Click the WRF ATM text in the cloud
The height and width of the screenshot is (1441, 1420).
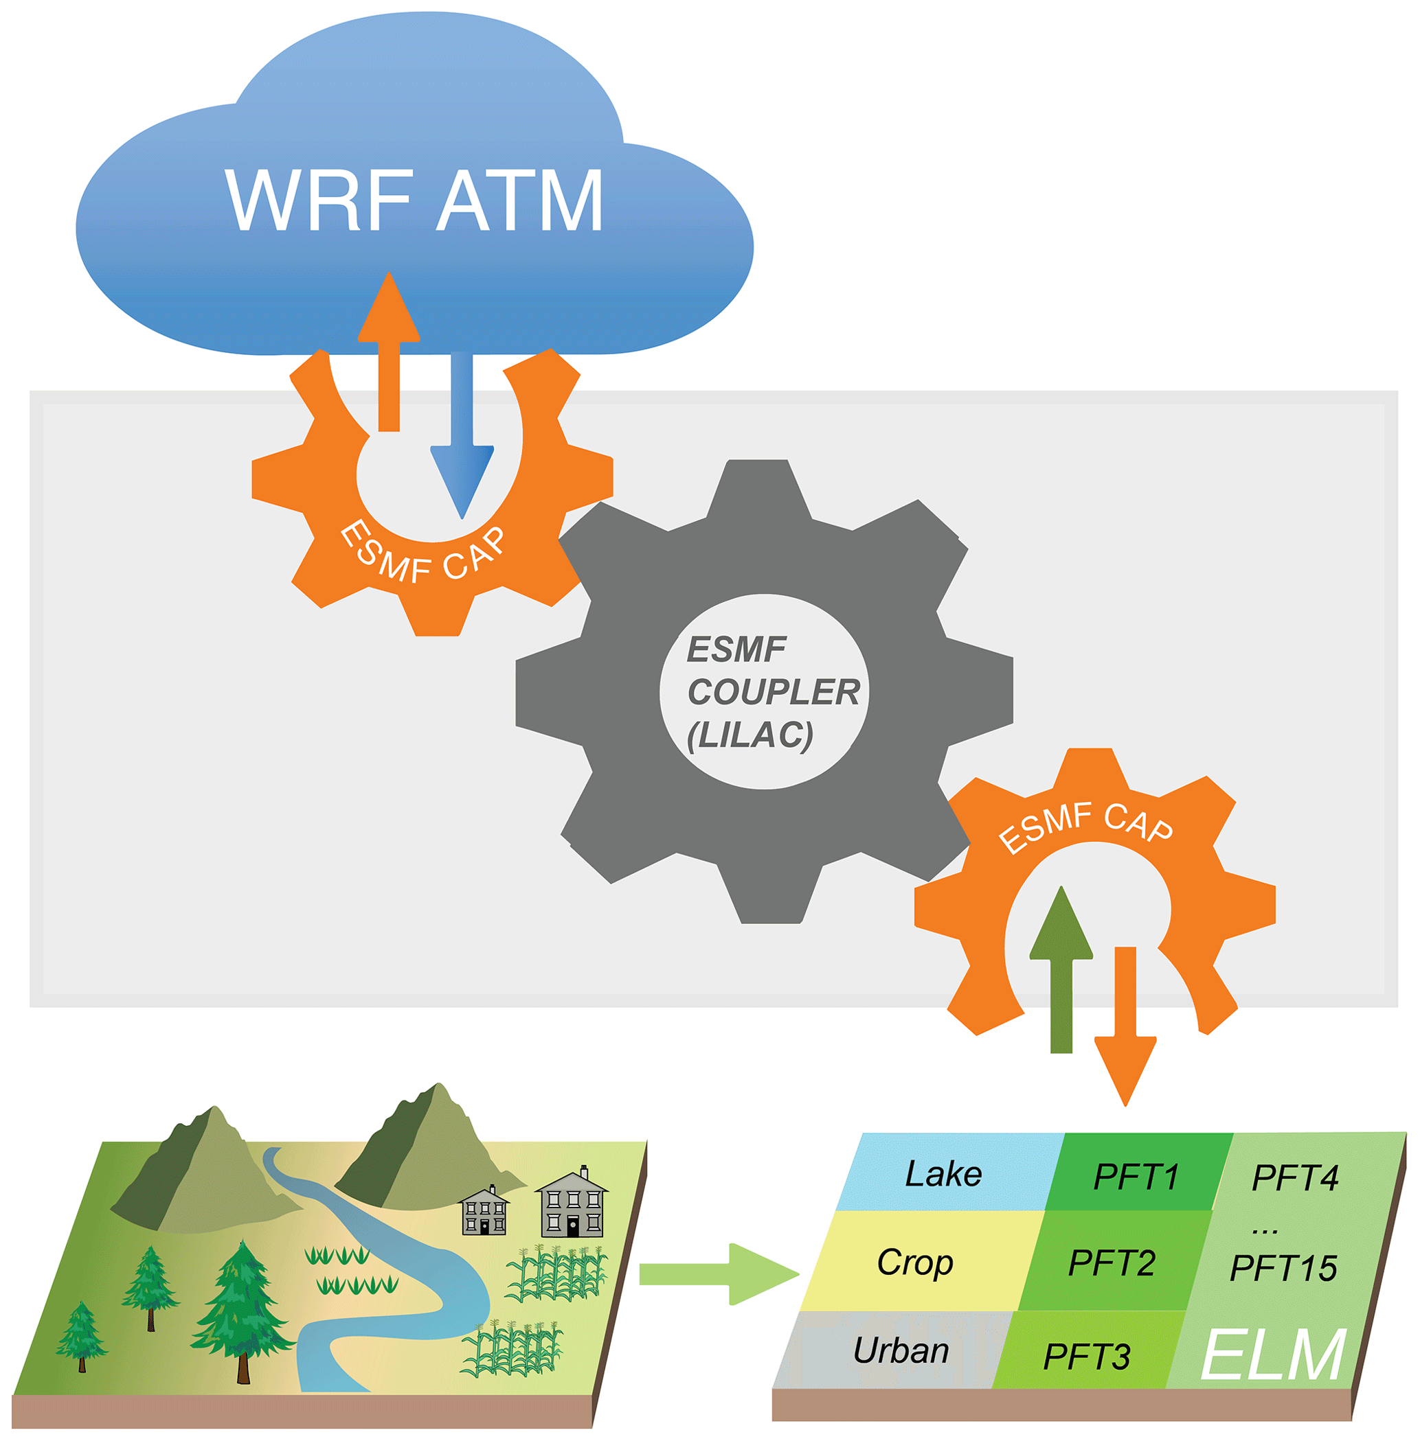[414, 200]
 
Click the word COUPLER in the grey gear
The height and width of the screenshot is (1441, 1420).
[774, 692]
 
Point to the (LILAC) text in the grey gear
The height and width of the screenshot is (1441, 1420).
[750, 735]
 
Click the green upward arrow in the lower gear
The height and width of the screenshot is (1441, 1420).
[1061, 969]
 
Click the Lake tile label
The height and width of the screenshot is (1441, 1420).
[943, 1174]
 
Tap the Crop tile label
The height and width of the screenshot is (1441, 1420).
[915, 1262]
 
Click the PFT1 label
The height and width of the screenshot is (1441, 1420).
[1136, 1177]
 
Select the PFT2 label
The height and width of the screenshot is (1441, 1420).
[1112, 1263]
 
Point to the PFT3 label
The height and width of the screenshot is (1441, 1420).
[1087, 1356]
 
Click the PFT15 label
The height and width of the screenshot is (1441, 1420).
[1283, 1268]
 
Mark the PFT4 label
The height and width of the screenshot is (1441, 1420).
[1296, 1178]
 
